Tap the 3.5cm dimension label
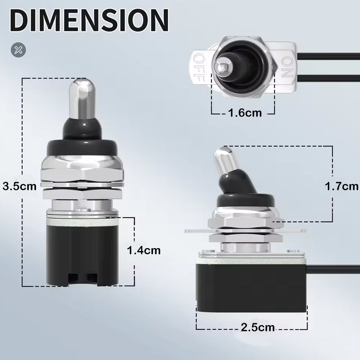(19, 186)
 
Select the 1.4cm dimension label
(144, 250)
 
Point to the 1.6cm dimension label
(244, 113)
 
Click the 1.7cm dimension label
(341, 186)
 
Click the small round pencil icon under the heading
(17, 50)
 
